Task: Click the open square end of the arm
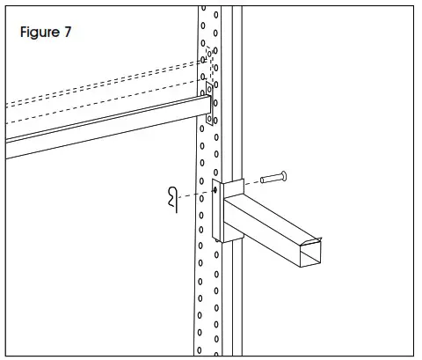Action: (311, 252)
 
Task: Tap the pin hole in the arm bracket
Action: (215, 189)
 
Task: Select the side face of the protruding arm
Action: (264, 238)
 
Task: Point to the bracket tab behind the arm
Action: (234, 187)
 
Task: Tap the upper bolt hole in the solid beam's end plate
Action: (209, 91)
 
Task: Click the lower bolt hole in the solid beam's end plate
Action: (209, 117)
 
